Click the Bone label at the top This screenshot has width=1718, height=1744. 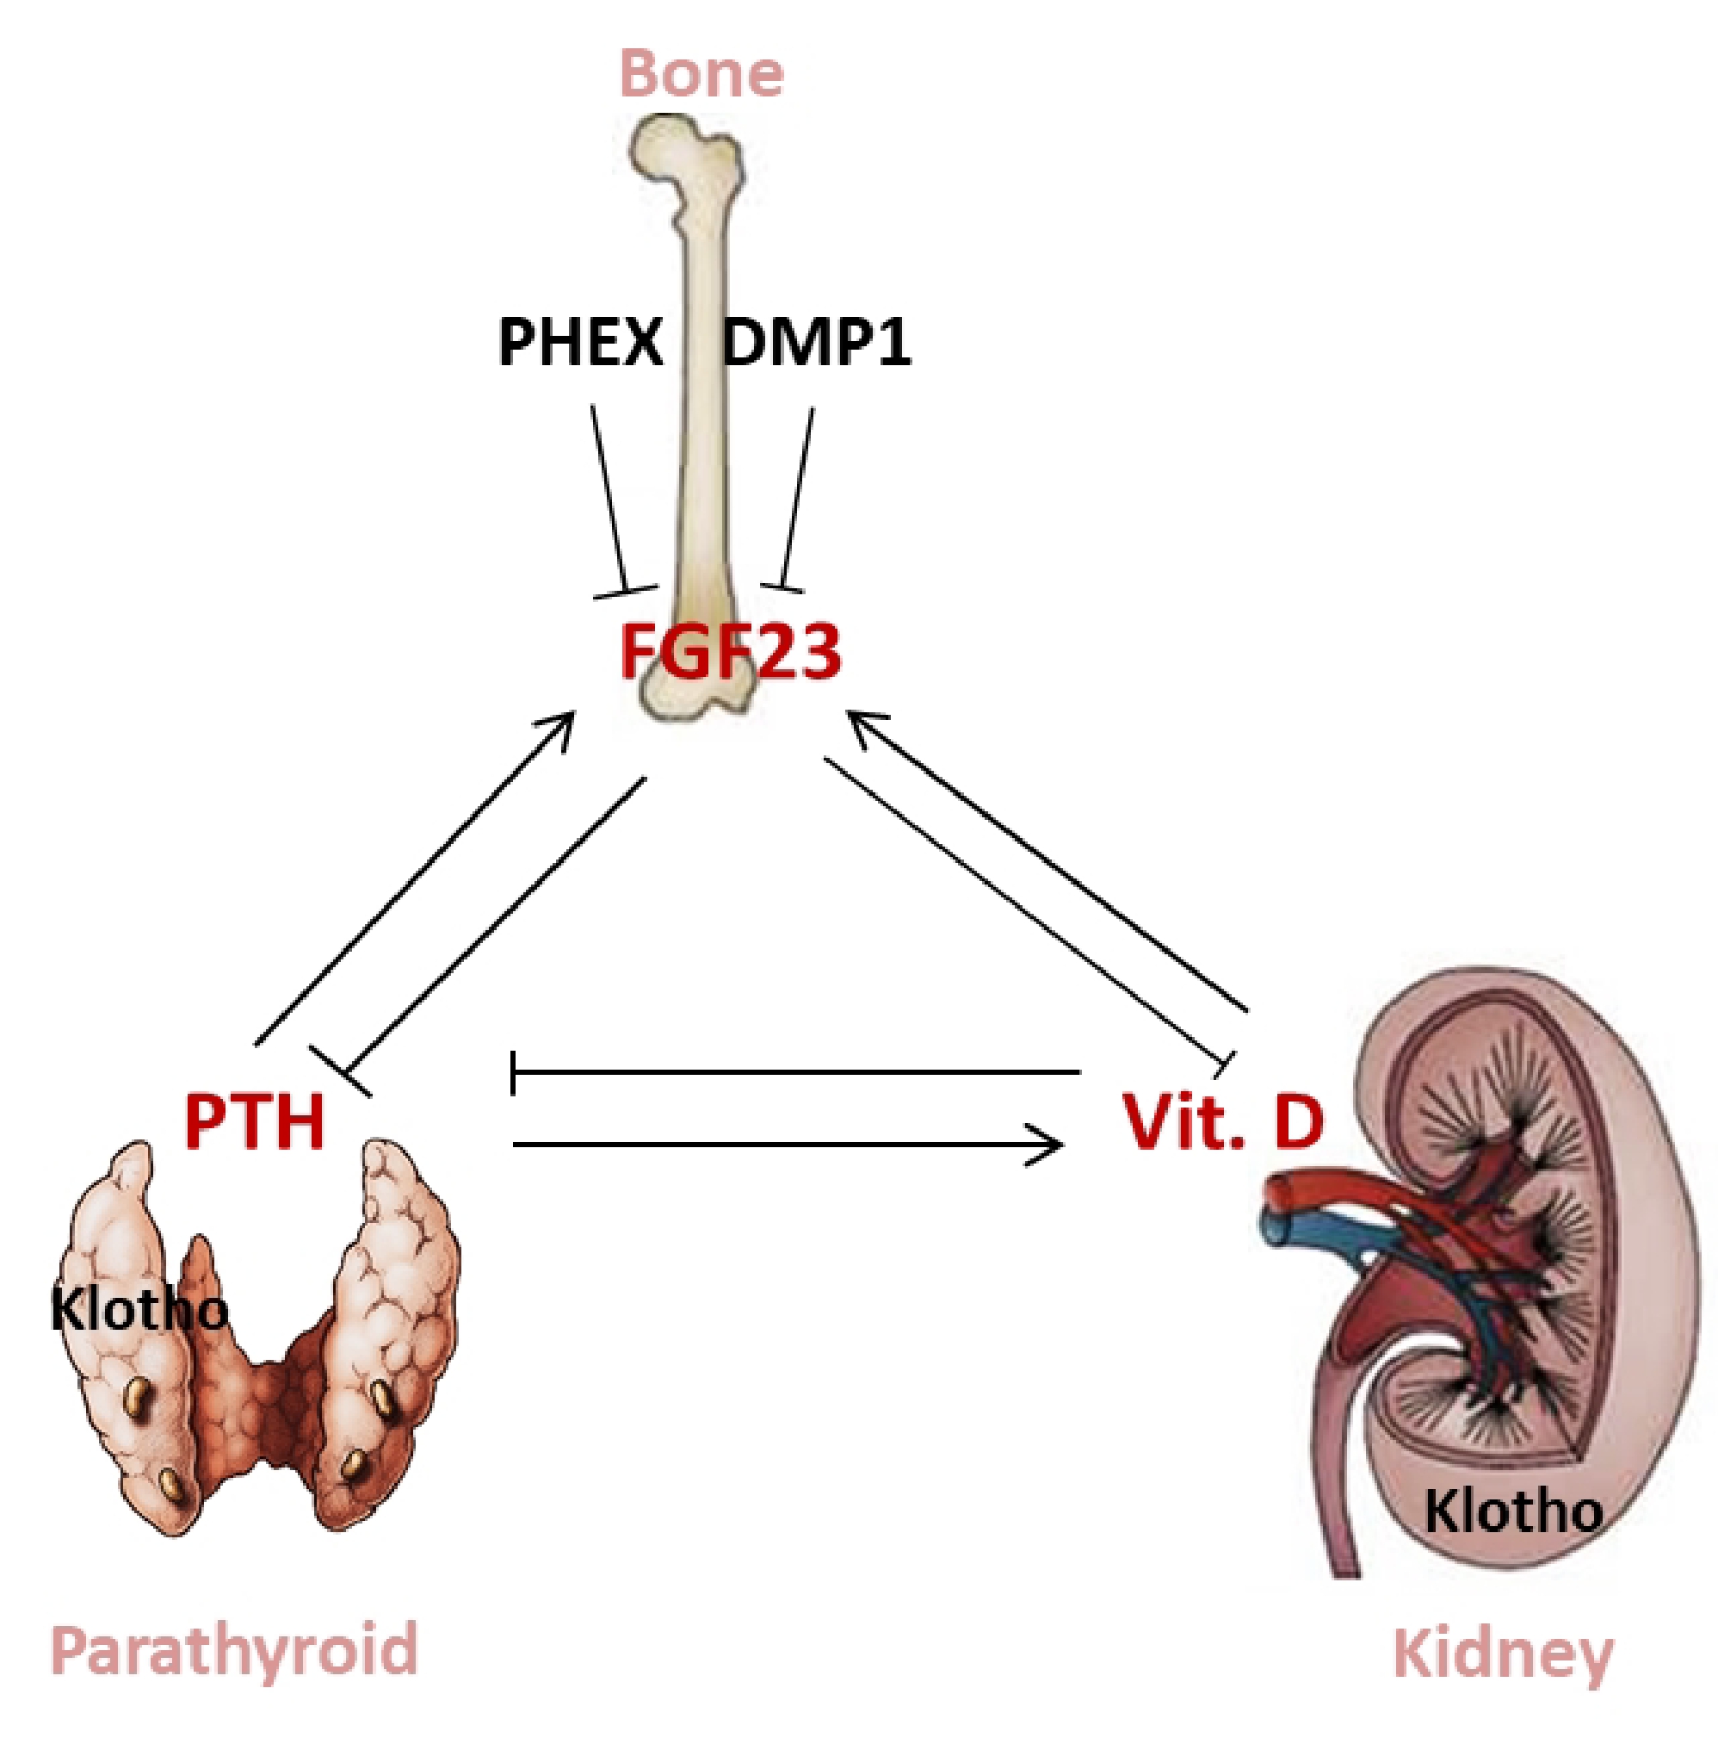(701, 74)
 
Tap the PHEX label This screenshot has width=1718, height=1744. (580, 343)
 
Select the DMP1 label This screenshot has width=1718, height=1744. (817, 343)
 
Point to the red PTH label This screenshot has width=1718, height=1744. (254, 1121)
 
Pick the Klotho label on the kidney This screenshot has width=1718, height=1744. (1513, 1511)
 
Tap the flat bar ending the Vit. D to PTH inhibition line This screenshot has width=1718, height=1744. (512, 1072)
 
